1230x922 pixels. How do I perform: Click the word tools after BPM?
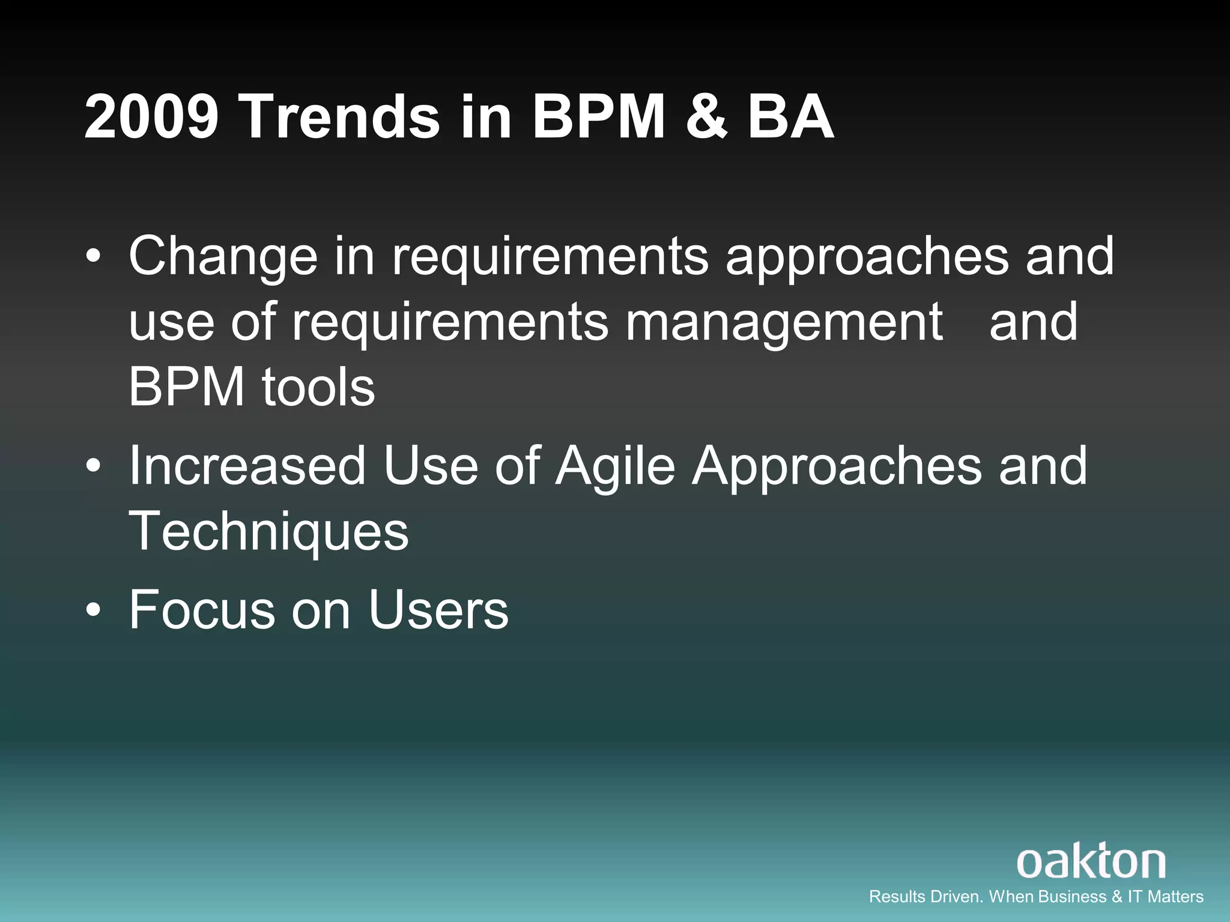coord(318,387)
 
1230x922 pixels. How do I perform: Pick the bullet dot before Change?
coord(94,257)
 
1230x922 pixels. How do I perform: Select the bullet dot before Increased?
coord(94,466)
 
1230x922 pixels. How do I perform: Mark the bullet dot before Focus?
coord(94,610)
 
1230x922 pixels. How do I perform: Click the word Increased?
coord(247,466)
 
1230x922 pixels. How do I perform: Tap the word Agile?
coord(615,466)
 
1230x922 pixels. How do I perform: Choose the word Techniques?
coord(268,532)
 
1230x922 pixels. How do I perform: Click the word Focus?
coord(202,610)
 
